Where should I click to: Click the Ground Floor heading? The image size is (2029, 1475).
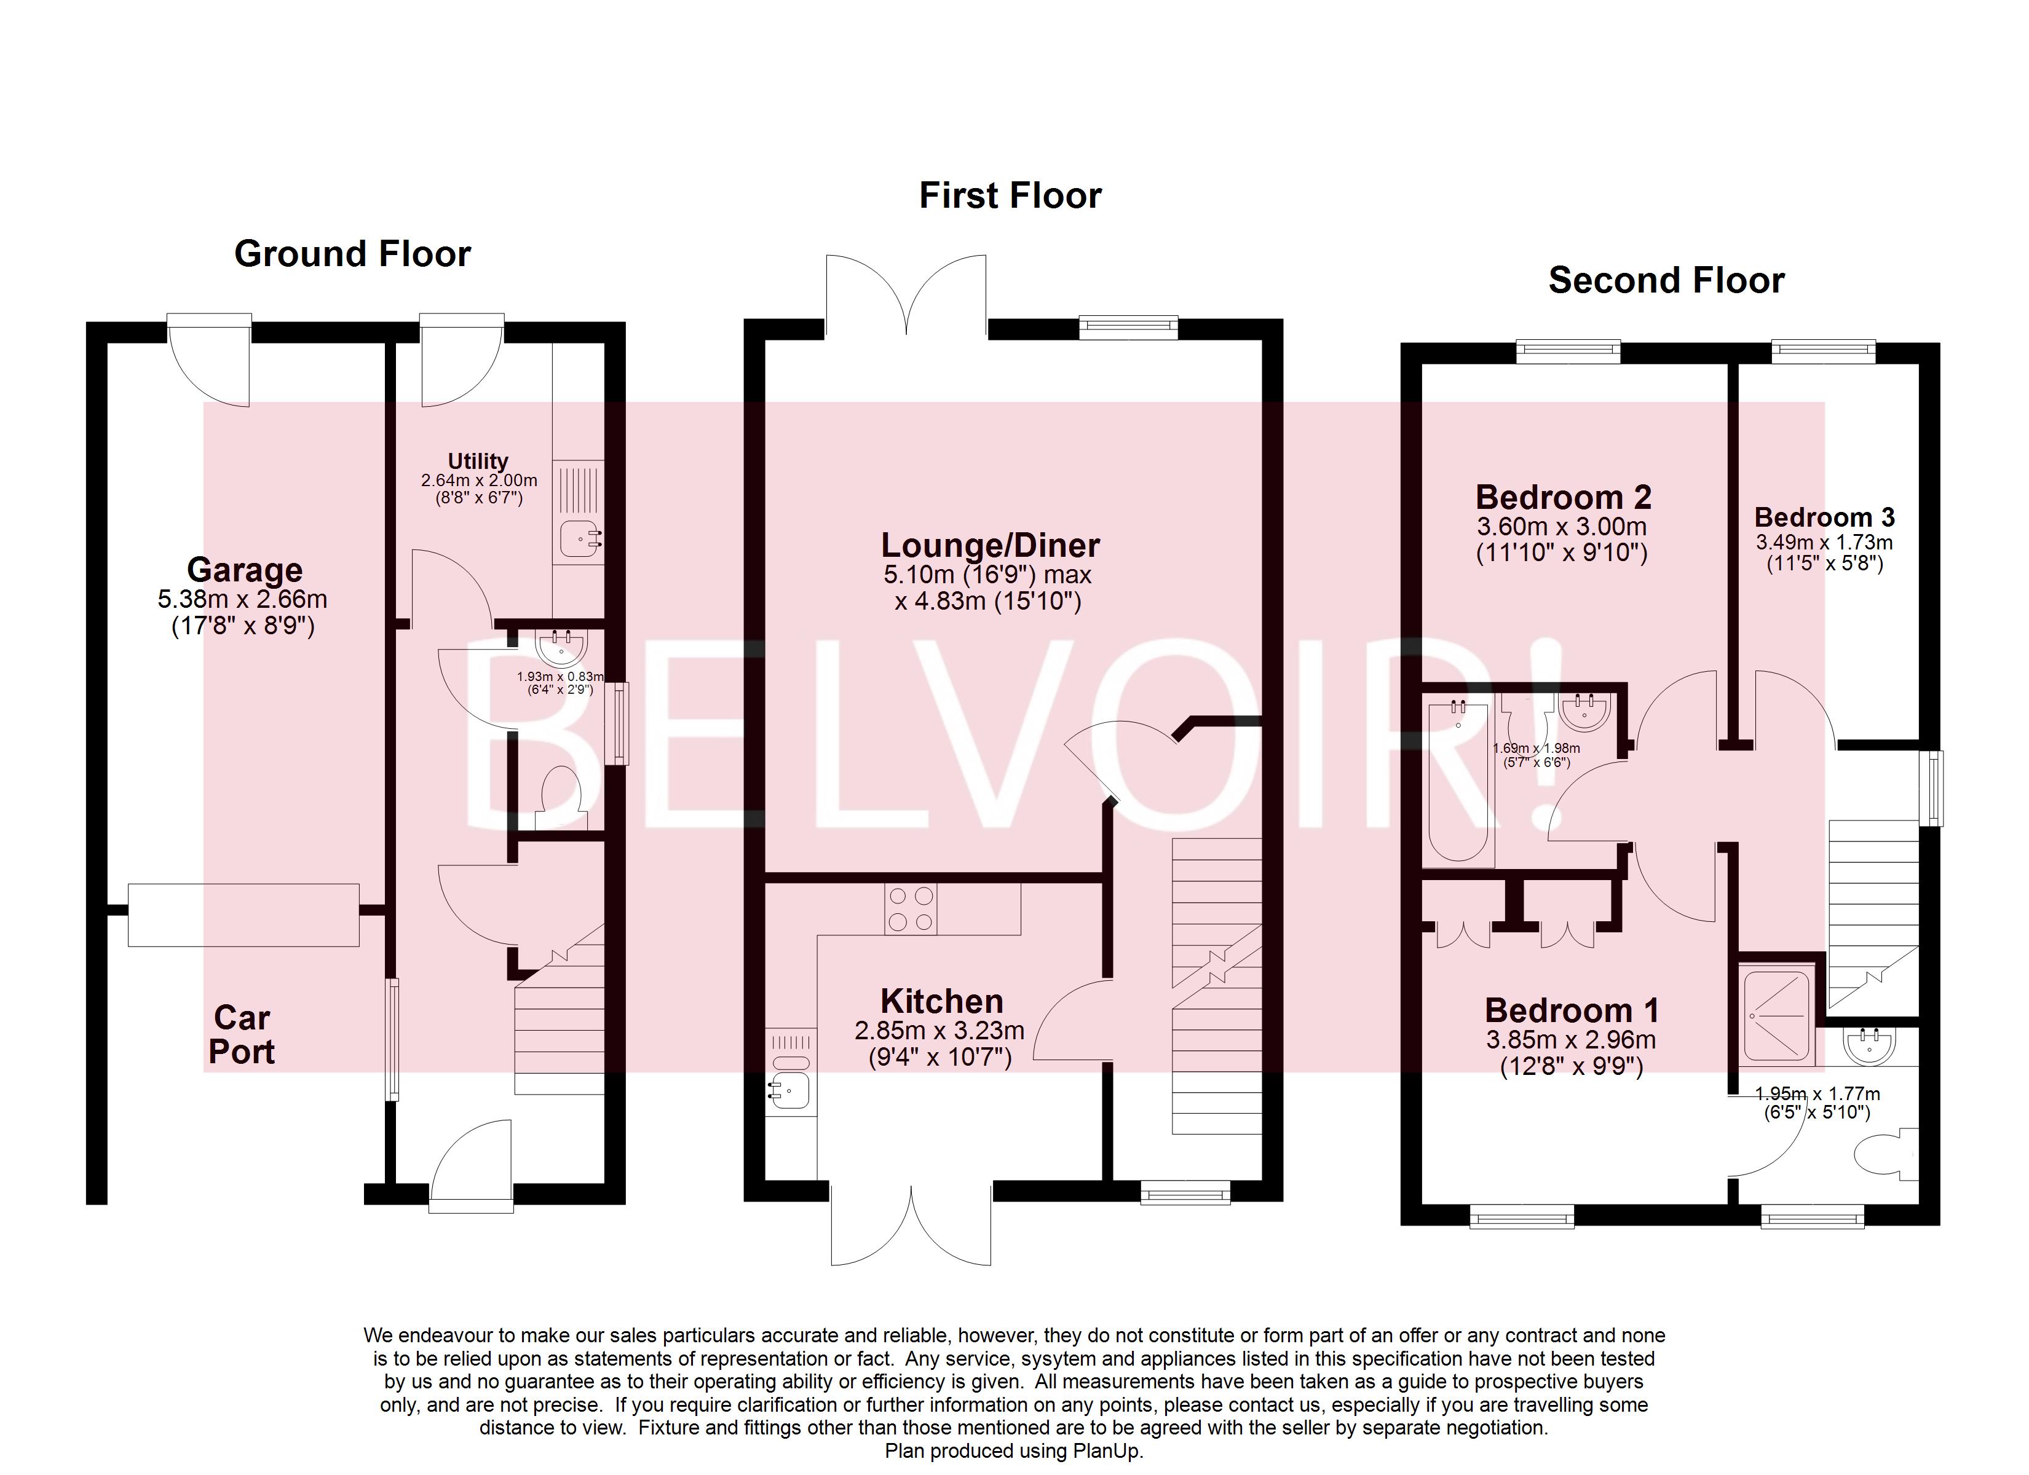coord(352,254)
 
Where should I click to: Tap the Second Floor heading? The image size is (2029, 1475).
coord(1666,281)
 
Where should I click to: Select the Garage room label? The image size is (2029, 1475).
coord(244,570)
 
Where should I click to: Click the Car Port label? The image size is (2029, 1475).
coord(242,1035)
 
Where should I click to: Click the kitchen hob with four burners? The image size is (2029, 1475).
coord(911,909)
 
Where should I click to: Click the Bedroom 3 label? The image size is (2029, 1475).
coord(1824,517)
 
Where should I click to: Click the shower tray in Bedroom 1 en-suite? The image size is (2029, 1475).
coord(1776,1016)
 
